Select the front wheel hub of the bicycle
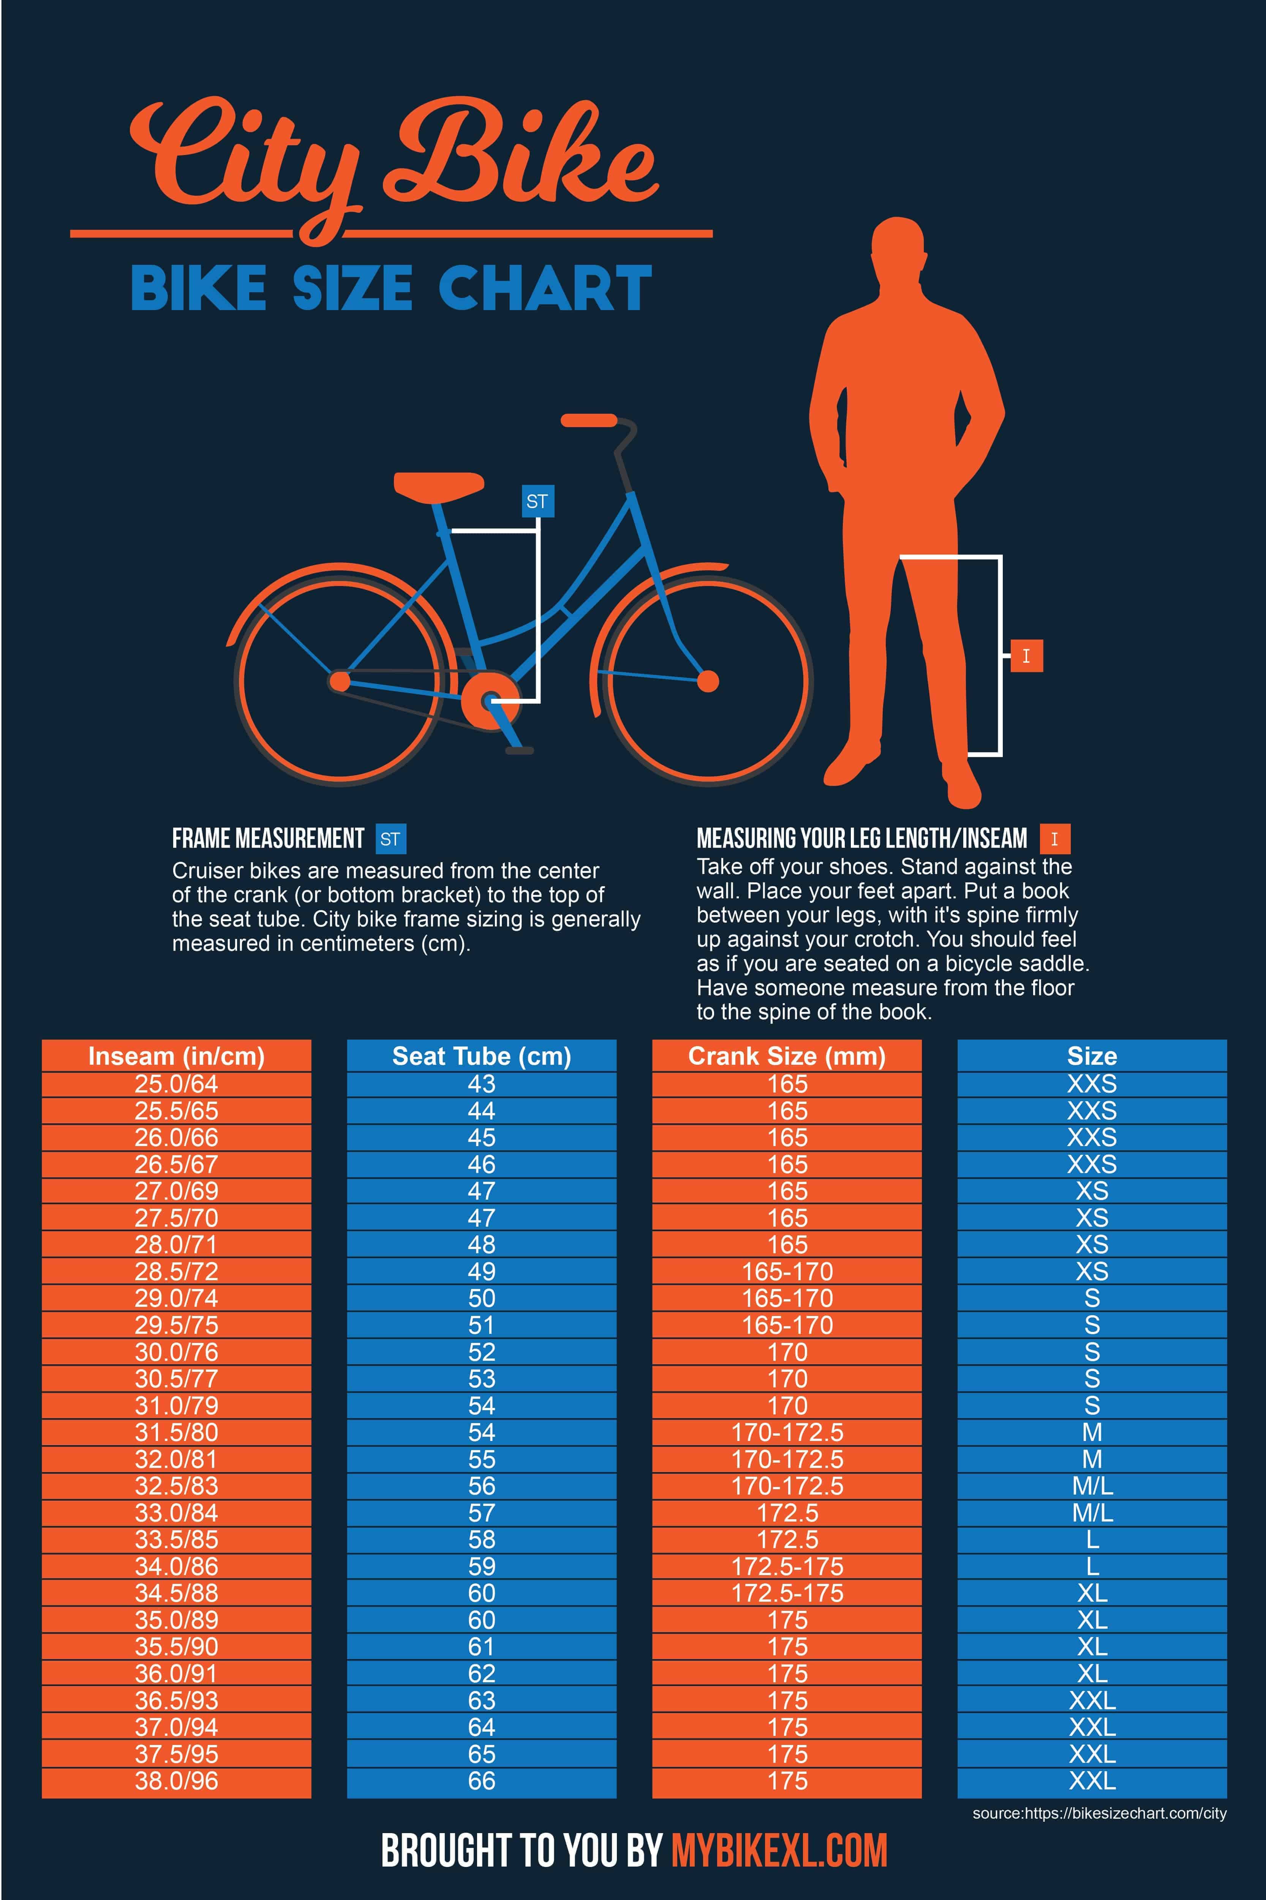pos(707,681)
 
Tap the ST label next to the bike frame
pos(537,502)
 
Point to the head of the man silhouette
pos(898,250)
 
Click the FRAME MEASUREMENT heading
pos(268,839)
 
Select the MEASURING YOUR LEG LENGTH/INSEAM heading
pos(861,839)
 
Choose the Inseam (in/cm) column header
pos(176,1056)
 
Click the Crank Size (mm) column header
pos(786,1056)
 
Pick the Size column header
pos(1092,1056)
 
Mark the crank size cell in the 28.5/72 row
pos(786,1271)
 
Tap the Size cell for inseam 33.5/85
pos(1092,1540)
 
